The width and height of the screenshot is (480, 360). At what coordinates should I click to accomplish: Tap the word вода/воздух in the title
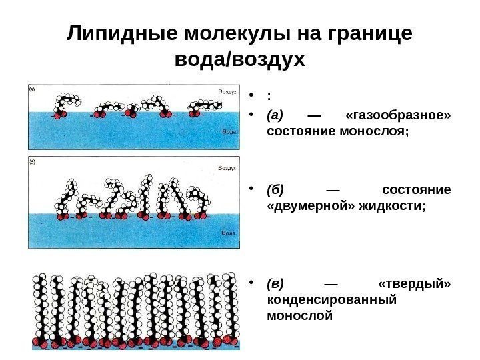pyautogui.click(x=239, y=60)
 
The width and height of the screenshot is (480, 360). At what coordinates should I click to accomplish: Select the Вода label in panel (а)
pyautogui.click(x=229, y=131)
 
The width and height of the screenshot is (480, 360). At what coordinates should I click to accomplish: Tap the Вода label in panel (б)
pyautogui.click(x=229, y=235)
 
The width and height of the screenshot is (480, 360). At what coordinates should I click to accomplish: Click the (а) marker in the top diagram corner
pyautogui.click(x=32, y=88)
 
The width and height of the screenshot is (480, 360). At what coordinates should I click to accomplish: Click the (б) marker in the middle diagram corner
pyautogui.click(x=32, y=161)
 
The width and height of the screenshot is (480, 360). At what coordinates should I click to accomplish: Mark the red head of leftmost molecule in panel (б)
pyautogui.click(x=61, y=216)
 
